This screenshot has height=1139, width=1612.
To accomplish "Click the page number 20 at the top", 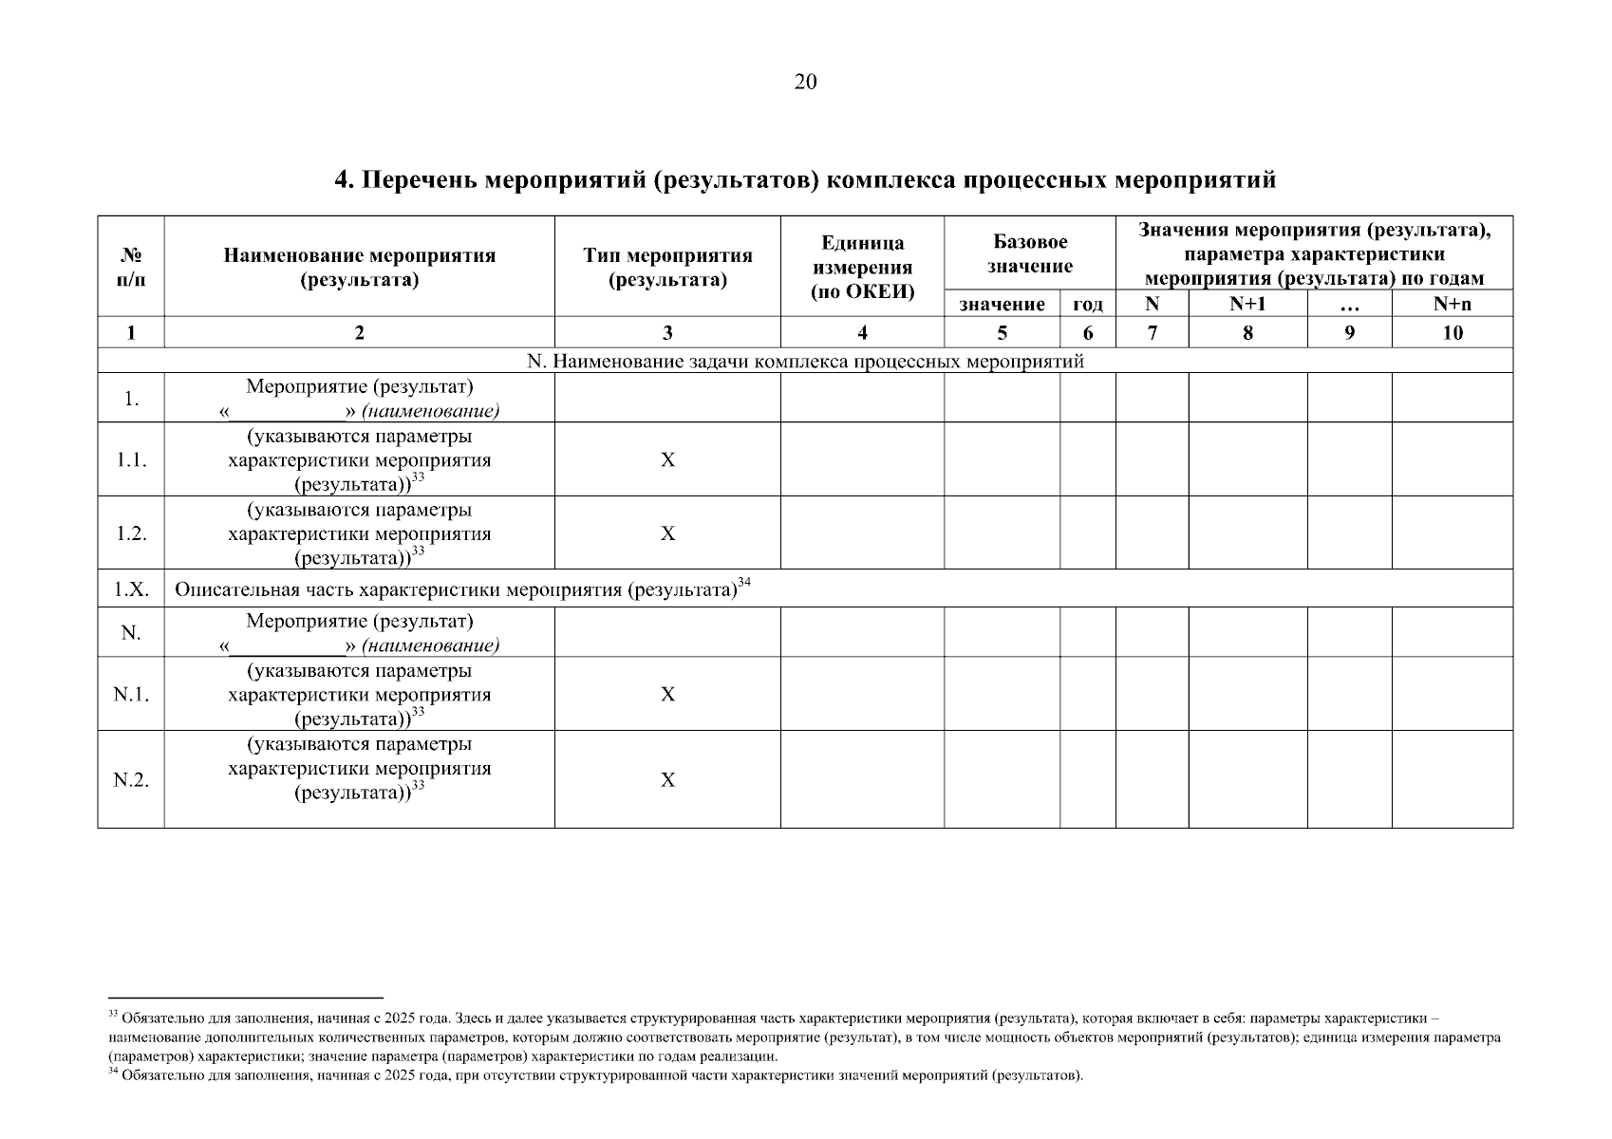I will (x=804, y=83).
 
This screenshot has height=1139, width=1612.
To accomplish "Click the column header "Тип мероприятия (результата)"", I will (x=667, y=267).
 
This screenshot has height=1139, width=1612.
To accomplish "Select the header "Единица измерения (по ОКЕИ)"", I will (x=862, y=267).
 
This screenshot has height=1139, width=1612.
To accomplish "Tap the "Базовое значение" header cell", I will (x=1029, y=254).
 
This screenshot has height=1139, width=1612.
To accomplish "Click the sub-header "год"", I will (x=1087, y=305).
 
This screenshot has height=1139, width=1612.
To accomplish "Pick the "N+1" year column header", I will (x=1246, y=304).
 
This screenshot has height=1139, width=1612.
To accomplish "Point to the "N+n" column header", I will (x=1452, y=304).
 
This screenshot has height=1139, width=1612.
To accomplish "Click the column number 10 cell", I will (x=1452, y=332).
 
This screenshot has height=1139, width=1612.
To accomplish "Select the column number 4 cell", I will (x=862, y=332).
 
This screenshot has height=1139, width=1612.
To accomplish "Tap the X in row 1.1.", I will (x=667, y=459).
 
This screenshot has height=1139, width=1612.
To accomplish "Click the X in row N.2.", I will (x=667, y=779).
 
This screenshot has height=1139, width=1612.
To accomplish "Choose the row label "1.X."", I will (x=131, y=588).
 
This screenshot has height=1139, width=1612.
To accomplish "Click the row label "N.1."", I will (x=131, y=694).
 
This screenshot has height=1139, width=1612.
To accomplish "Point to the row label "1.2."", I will (x=131, y=533).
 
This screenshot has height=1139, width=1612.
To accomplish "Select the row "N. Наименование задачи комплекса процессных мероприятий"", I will (x=804, y=362).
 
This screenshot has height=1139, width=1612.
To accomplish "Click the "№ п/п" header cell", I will (x=131, y=267).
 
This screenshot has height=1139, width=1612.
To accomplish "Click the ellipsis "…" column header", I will (x=1349, y=305).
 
